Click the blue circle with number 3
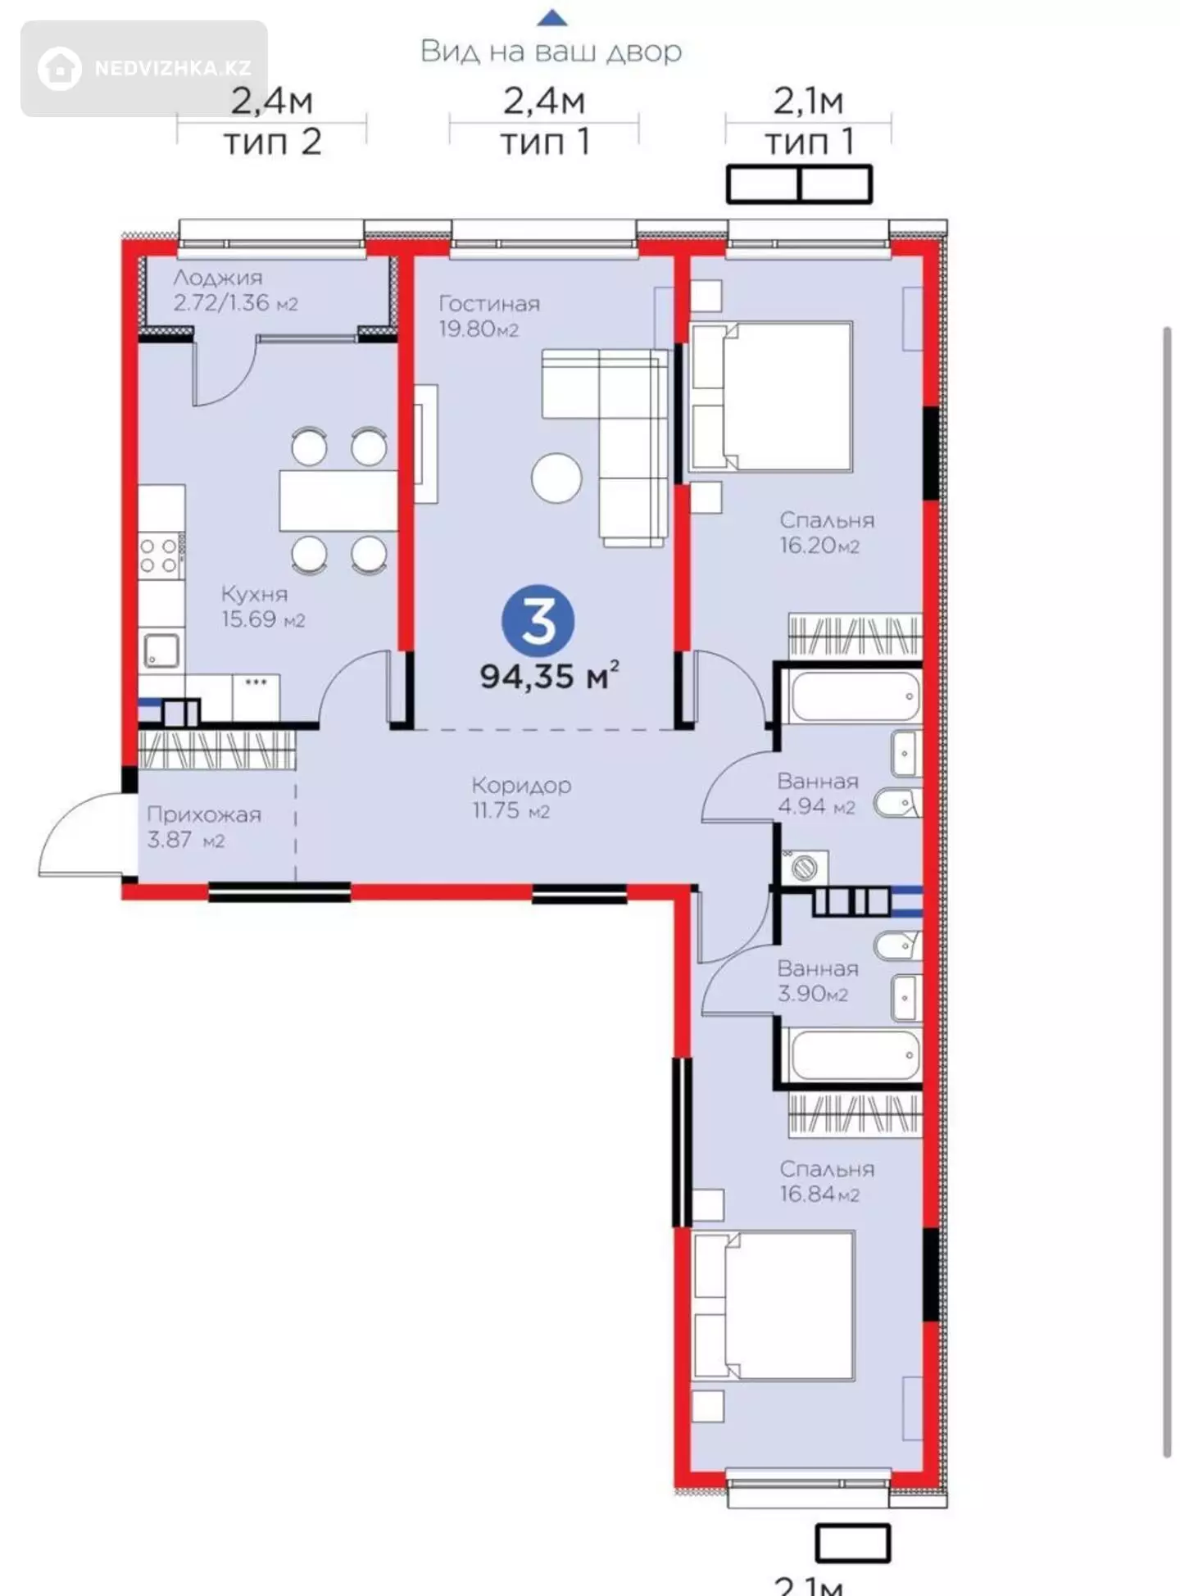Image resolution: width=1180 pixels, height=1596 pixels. click(538, 621)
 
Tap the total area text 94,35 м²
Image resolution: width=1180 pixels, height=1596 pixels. click(549, 676)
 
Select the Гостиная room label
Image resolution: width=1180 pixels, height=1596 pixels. click(489, 304)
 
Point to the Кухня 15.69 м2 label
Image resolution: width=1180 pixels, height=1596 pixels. click(263, 606)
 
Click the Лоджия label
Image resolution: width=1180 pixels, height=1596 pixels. click(218, 278)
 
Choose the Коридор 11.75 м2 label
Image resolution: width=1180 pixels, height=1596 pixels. click(521, 797)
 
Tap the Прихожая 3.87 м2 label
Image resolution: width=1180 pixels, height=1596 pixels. click(204, 827)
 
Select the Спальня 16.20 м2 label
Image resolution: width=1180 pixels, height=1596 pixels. click(827, 533)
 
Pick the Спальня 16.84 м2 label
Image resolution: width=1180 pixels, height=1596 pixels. click(827, 1181)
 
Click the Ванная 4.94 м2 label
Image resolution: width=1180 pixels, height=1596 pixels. click(818, 793)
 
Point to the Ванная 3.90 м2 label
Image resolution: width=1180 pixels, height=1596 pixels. click(818, 981)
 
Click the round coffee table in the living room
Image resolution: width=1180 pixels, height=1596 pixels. click(556, 478)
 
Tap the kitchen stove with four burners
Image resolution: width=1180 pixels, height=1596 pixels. click(160, 555)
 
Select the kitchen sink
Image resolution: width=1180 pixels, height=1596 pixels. click(161, 651)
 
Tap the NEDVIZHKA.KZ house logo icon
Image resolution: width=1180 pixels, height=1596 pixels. click(59, 68)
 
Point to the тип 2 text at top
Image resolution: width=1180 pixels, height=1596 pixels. click(272, 142)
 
